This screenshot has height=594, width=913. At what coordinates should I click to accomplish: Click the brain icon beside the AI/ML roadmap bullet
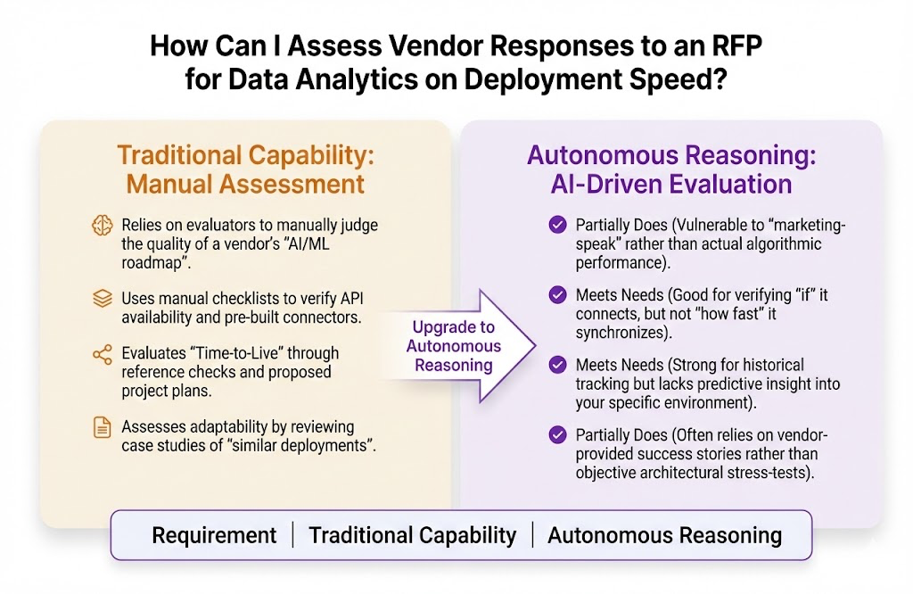click(x=103, y=226)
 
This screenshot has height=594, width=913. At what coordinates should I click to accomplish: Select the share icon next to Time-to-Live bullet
click(x=103, y=354)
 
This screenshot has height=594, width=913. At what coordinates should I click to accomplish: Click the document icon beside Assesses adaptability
click(x=103, y=427)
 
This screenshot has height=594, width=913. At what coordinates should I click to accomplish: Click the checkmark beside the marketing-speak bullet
click(x=558, y=225)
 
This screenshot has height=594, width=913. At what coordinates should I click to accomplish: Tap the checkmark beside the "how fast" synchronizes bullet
click(x=558, y=293)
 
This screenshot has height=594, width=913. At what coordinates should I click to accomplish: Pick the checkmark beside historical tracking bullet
click(x=558, y=365)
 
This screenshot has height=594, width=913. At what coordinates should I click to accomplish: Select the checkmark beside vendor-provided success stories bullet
click(x=558, y=435)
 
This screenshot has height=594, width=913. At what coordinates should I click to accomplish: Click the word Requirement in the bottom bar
click(x=214, y=535)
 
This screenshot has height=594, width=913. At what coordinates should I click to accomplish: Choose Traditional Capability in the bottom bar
click(x=412, y=535)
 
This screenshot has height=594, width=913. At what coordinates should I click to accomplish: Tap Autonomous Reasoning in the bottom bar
click(x=664, y=535)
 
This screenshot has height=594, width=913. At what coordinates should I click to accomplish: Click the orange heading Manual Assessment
click(x=245, y=185)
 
